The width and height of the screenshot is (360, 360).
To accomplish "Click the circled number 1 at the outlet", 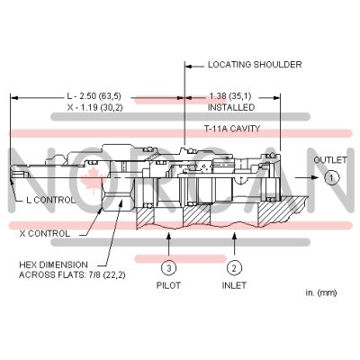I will click(x=331, y=178).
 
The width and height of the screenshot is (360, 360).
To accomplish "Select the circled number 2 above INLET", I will click(x=234, y=266).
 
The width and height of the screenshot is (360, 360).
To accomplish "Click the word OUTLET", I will click(x=330, y=159).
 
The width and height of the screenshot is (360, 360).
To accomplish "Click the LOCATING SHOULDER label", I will click(x=255, y=65).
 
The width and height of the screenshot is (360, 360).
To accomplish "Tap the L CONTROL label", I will click(x=51, y=200).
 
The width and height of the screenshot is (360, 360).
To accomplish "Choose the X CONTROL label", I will click(x=45, y=233).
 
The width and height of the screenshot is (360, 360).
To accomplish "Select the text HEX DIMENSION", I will click(x=57, y=265).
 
